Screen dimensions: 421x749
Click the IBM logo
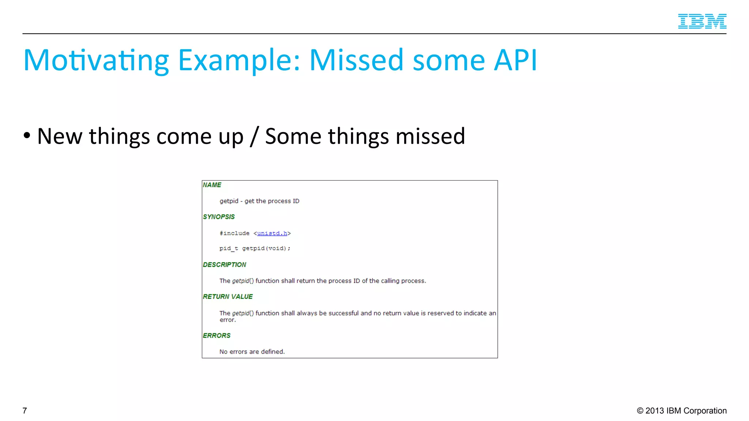(702, 21)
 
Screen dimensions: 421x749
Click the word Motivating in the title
(96, 60)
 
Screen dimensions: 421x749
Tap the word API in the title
(515, 60)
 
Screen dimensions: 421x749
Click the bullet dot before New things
(27, 136)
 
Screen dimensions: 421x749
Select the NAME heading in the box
(212, 185)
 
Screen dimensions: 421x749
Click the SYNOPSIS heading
(219, 217)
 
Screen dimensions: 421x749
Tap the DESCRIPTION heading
(225, 265)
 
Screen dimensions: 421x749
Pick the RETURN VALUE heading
(227, 296)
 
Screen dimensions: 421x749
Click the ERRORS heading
(217, 335)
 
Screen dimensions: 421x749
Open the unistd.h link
(272, 233)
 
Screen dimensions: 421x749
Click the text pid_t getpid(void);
(255, 249)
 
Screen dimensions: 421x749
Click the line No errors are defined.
(252, 352)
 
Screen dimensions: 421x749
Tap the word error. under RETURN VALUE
(227, 320)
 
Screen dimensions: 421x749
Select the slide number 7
(25, 411)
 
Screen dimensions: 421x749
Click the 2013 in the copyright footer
(655, 411)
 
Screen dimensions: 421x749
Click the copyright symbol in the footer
(640, 411)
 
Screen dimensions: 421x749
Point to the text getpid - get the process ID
(259, 201)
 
